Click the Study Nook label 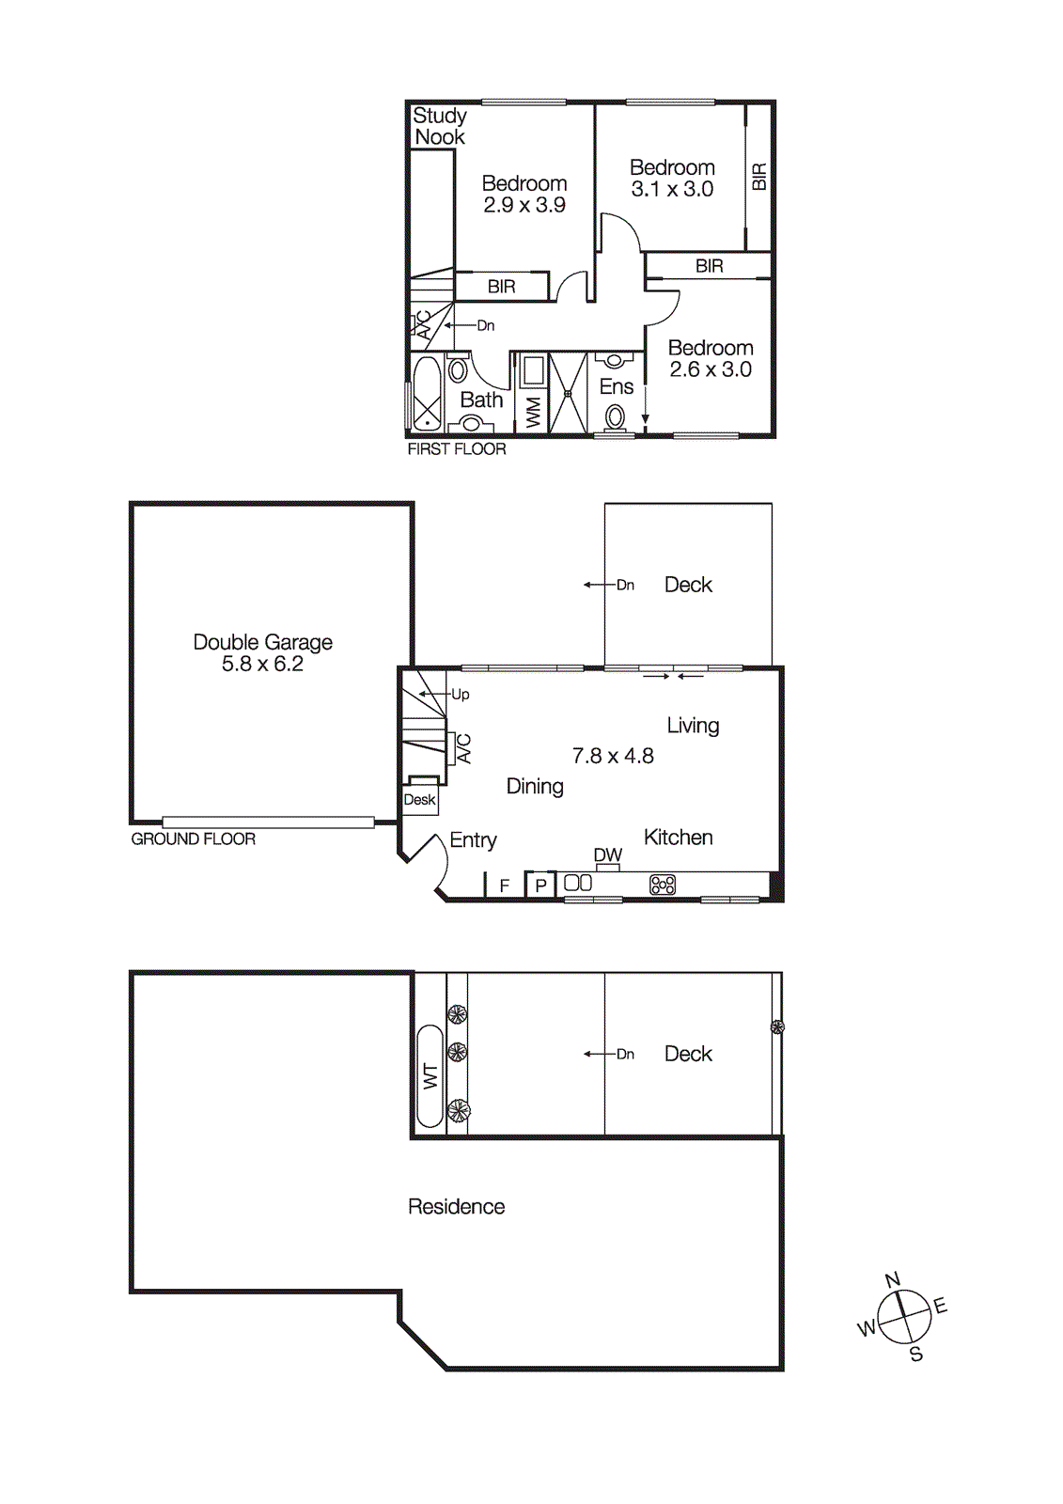click(439, 126)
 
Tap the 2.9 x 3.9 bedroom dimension click(524, 205)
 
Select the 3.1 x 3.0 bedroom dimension click(672, 189)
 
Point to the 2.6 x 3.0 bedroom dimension click(711, 369)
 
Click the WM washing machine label click(534, 412)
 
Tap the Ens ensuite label click(617, 386)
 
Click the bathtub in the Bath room click(427, 394)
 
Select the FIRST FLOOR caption click(456, 449)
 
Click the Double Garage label click(262, 642)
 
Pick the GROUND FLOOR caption click(193, 838)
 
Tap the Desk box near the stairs click(419, 799)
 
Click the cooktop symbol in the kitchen click(663, 885)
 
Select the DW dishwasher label click(608, 854)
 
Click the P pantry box click(540, 885)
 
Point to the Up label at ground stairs click(460, 695)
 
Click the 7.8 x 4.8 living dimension click(613, 756)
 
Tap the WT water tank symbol click(430, 1076)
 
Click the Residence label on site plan click(456, 1206)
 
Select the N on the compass click(893, 1279)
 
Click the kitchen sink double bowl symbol click(578, 883)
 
